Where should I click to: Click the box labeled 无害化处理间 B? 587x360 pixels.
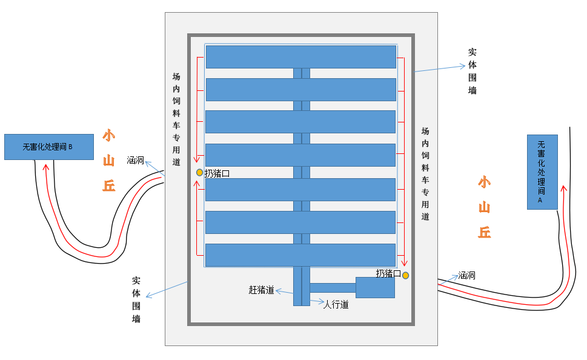48,147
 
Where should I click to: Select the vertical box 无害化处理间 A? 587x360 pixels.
542,172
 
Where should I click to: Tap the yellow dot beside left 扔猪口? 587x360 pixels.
199,173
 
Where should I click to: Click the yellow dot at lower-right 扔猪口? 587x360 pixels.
405,275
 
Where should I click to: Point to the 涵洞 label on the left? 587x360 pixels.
135,161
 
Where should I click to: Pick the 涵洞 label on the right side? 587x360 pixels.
466,275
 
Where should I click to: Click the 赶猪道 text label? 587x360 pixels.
262,290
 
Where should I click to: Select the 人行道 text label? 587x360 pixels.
336,304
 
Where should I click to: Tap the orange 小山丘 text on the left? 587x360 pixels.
108,161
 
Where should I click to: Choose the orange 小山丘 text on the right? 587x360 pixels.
484,207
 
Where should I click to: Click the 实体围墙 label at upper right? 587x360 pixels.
473,72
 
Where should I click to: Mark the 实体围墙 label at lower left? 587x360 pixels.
136,300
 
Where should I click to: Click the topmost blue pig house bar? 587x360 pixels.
300,56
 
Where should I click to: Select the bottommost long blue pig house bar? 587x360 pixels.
300,255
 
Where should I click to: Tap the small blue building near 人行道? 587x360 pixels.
375,287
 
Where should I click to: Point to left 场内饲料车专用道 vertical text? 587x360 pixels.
176,119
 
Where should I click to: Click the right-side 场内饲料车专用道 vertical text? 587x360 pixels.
425,173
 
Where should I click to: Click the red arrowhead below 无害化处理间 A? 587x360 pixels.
563,188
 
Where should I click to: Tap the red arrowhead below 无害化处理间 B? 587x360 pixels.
44,168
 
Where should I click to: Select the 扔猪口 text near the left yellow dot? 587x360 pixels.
217,173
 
